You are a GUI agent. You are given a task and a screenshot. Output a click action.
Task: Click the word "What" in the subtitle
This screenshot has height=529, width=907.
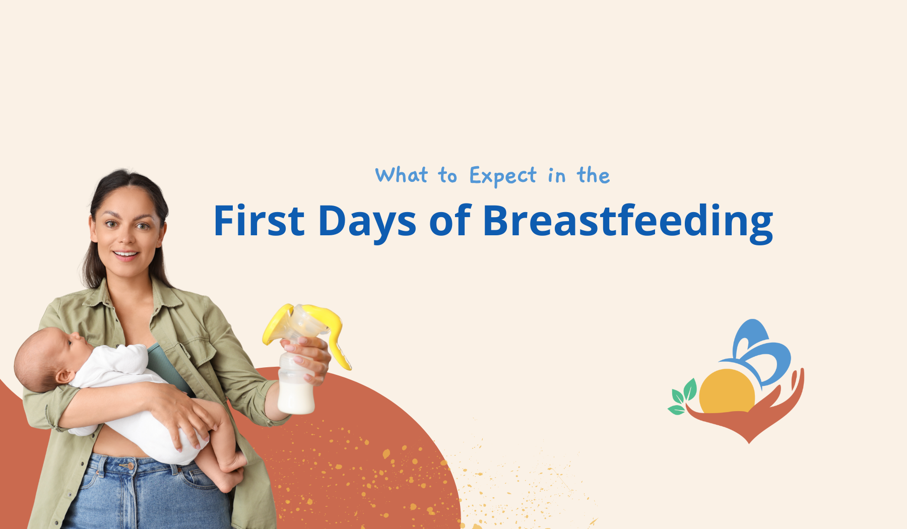tap(402, 175)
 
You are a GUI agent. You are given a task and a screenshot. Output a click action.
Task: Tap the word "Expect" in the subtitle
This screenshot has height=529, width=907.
tap(502, 176)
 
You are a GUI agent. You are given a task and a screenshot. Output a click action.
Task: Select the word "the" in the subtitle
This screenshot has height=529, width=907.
tap(594, 175)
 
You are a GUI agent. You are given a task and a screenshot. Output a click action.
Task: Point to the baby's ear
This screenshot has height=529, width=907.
tap(64, 376)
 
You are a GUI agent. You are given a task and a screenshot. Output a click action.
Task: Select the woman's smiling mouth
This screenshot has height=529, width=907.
tap(126, 255)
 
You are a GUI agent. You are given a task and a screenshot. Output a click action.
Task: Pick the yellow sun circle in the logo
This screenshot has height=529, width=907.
tap(727, 391)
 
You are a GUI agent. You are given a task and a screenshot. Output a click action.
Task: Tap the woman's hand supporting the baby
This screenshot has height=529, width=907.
tap(184, 413)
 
